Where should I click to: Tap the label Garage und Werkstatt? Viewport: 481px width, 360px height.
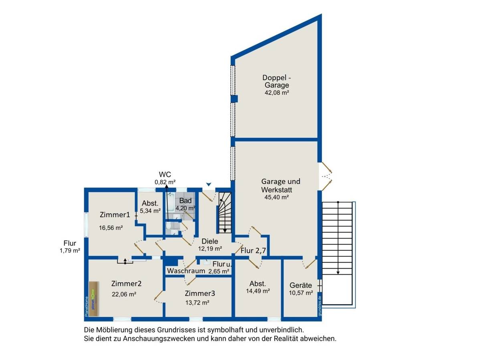tap(281, 185)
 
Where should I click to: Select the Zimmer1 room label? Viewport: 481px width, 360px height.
tap(115, 215)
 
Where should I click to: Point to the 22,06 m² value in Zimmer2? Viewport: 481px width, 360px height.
tap(124, 294)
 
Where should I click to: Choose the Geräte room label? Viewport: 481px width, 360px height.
tap(301, 285)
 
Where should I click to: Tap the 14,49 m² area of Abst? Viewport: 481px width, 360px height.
tap(257, 291)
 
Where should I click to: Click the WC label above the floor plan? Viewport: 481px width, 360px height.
tap(165, 174)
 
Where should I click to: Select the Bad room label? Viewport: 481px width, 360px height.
tap(185, 201)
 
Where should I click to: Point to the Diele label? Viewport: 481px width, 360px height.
tap(210, 241)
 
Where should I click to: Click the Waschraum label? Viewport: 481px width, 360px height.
tap(183, 271)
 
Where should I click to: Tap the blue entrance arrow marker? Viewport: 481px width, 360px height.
tap(208, 184)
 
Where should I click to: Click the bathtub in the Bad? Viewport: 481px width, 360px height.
tap(171, 203)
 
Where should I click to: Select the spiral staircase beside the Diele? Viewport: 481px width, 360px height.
tap(225, 212)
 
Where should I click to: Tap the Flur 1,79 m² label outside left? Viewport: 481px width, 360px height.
tap(70, 247)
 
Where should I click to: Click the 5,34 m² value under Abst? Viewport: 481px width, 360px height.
tap(150, 211)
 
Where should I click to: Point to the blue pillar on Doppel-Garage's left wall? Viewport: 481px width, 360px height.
tap(234, 99)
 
